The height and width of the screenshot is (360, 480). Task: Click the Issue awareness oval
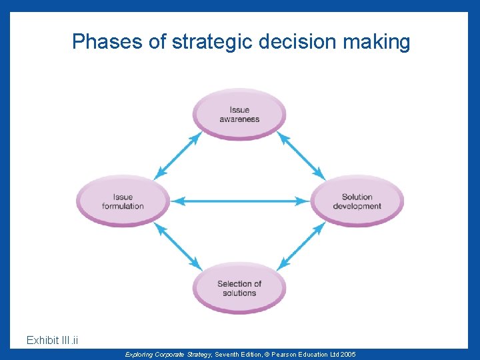coord(239,114)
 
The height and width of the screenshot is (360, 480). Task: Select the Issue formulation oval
coord(123,201)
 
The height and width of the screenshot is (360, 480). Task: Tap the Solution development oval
coord(357,201)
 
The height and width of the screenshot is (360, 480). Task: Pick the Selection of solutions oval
coord(239,287)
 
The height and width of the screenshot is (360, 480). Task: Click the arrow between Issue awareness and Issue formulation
coord(178,155)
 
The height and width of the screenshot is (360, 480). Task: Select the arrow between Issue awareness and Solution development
coord(301,155)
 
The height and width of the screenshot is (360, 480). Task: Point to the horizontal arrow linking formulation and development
coord(240,200)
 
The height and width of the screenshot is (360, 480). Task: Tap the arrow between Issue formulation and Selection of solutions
coord(178,246)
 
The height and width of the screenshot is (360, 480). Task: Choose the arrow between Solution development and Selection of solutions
coord(301,246)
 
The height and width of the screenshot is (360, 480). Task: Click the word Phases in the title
coord(108,42)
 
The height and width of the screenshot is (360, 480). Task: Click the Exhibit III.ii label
coord(53,341)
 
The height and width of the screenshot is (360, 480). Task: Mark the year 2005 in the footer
coord(346,354)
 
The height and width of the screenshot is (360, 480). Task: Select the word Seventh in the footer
coord(228,354)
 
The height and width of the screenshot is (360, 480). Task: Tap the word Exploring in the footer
coord(139,354)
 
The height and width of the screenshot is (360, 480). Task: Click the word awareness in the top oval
coord(239,119)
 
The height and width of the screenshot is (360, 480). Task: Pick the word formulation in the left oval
coord(123,206)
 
